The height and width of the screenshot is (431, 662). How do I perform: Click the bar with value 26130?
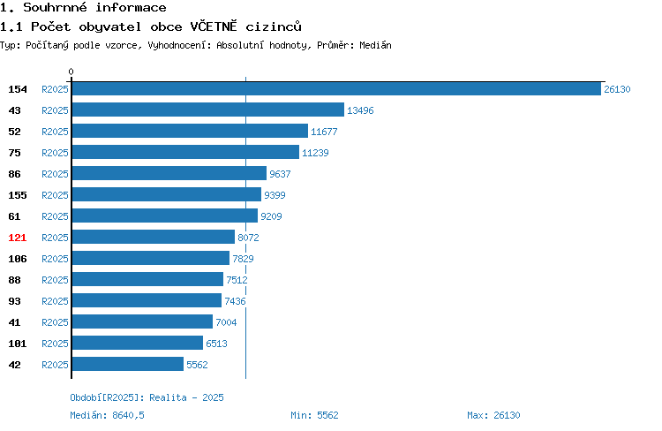pyautogui.click(x=336, y=88)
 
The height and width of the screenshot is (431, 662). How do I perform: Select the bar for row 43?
pyautogui.click(x=208, y=110)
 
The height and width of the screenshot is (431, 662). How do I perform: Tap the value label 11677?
pyautogui.click(x=324, y=132)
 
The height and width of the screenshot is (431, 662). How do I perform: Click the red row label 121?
pyautogui.click(x=18, y=238)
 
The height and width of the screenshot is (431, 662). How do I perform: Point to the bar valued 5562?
pyautogui.click(x=128, y=364)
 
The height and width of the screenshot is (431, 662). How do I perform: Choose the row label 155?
pyautogui.click(x=18, y=195)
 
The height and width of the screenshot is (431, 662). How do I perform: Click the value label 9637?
pyautogui.click(x=280, y=174)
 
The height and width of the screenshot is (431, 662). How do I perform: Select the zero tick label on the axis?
pyautogui.click(x=71, y=72)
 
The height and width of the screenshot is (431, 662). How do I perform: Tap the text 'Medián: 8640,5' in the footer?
pyautogui.click(x=107, y=415)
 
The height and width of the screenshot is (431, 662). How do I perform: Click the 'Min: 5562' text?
pyautogui.click(x=314, y=415)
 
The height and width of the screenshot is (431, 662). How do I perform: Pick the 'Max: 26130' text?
pyautogui.click(x=493, y=415)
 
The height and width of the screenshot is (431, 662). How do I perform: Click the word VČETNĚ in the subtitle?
pyautogui.click(x=214, y=26)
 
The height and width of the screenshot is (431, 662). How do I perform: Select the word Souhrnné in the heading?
pyautogui.click(x=55, y=7)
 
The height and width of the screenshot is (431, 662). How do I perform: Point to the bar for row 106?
pyautogui.click(x=151, y=258)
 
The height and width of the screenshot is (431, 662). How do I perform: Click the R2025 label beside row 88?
pyautogui.click(x=55, y=280)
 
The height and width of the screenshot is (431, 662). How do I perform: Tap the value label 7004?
pyautogui.click(x=226, y=322)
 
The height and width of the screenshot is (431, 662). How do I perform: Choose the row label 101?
pyautogui.click(x=18, y=344)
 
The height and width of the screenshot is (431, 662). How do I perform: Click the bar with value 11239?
pyautogui.click(x=185, y=152)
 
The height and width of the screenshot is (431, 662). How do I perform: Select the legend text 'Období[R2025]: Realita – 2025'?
pyautogui.click(x=147, y=397)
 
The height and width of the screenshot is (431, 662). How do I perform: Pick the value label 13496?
pyautogui.click(x=360, y=110)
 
